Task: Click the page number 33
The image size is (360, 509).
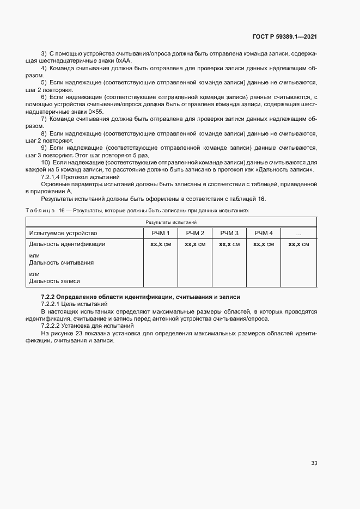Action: (x=314, y=463)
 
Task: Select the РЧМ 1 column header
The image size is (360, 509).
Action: (x=160, y=233)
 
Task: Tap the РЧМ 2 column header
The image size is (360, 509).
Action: (x=194, y=233)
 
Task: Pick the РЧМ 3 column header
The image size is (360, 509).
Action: (x=229, y=233)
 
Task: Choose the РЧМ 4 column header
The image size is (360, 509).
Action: (x=264, y=233)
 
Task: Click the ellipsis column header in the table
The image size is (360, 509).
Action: (x=298, y=233)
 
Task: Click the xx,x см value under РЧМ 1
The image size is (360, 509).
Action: (x=160, y=244)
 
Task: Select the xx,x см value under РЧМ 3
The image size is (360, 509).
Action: (x=229, y=244)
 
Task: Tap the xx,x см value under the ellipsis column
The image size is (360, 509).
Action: (x=298, y=244)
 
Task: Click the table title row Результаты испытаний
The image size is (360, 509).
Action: (x=170, y=222)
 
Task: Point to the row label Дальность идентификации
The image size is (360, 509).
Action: (x=66, y=244)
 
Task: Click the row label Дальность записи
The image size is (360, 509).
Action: (x=54, y=281)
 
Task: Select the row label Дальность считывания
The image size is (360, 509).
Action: (x=61, y=263)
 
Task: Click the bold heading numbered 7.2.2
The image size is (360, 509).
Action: (x=141, y=296)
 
